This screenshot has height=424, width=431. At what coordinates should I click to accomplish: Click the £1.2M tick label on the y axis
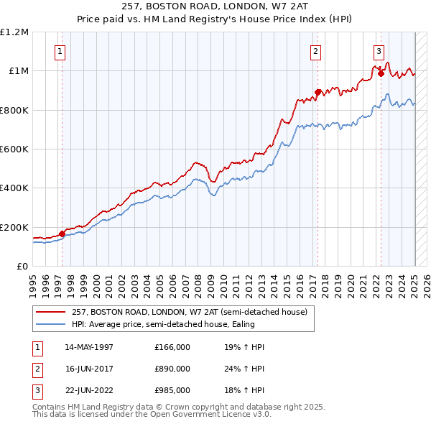pos(14,32)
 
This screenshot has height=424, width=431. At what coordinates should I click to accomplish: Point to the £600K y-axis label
pos(14,149)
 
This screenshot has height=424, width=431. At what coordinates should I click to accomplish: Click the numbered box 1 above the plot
pos(60,51)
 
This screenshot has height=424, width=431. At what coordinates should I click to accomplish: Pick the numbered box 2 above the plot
pos(315,51)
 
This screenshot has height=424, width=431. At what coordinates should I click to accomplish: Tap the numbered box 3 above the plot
pos(379,51)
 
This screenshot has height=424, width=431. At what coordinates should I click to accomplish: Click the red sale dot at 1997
pos(62,234)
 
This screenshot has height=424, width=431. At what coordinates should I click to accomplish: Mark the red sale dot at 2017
pos(318,92)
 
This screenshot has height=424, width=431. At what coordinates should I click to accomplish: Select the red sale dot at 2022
pos(381,73)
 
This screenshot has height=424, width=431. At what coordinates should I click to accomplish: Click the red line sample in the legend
pos(52,312)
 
